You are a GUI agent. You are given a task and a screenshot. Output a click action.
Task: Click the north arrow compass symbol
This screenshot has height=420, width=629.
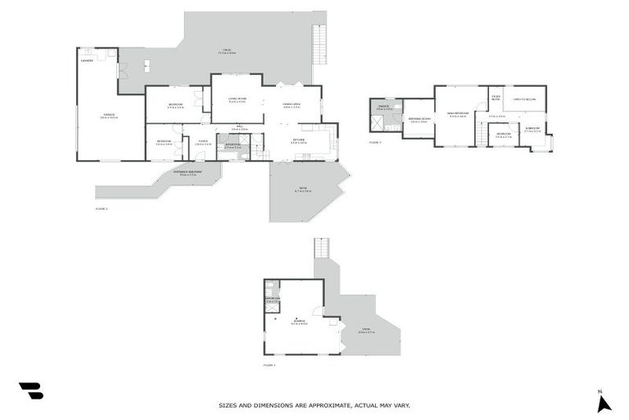coord(604,402)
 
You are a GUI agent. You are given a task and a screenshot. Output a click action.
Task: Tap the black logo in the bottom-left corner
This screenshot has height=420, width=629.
coord(30,391)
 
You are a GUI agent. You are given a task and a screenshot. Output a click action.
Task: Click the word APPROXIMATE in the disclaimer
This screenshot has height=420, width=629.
coord(317,405)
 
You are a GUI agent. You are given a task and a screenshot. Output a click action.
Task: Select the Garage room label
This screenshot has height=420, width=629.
coord(108,115)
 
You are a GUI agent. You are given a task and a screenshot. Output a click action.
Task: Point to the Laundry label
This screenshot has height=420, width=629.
coord(87,61)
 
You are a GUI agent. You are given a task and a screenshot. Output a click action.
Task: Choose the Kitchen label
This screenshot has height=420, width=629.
coord(300,139)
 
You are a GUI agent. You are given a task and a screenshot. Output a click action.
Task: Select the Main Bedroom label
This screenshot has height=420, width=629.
coord(459,114)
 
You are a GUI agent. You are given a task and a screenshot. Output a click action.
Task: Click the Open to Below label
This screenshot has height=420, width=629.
coord(524,100)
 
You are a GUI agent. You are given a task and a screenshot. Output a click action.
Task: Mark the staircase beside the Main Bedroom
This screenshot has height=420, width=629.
coord(482,135)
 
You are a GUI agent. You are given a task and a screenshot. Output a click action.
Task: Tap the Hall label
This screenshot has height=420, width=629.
coord(239,127)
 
